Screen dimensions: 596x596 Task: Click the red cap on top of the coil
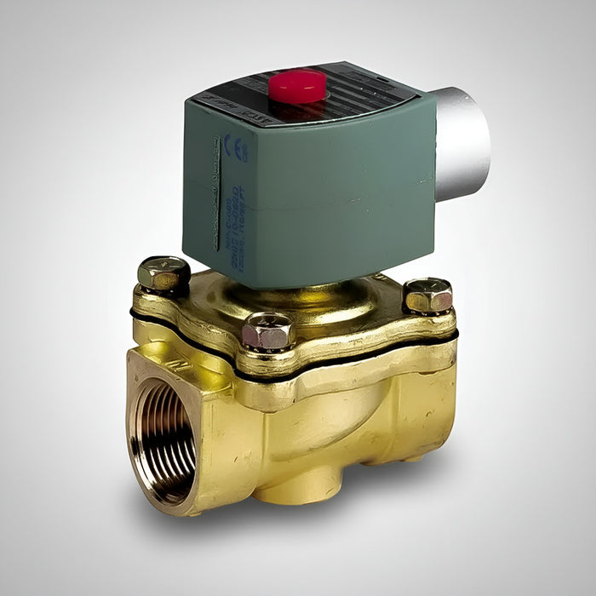pos(297,86)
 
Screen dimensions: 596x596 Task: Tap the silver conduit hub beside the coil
pos(462,143)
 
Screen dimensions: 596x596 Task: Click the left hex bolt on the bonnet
pos(163,272)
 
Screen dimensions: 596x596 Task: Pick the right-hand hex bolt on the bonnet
pos(427,295)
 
